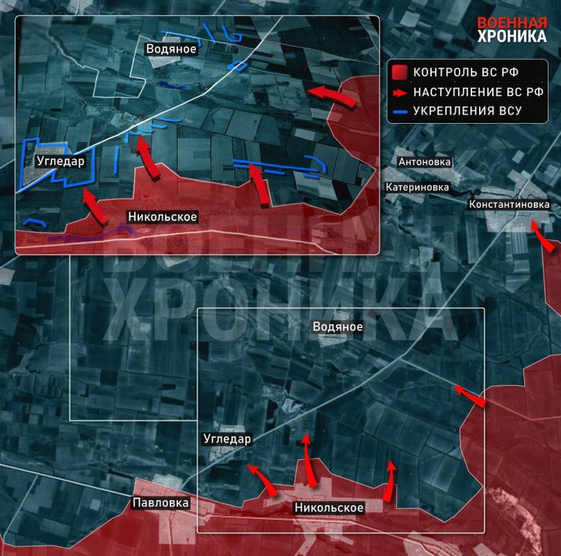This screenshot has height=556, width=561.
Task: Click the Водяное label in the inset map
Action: [170, 49]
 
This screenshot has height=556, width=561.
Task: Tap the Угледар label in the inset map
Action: [61, 161]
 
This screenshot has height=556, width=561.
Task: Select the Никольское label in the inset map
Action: [163, 217]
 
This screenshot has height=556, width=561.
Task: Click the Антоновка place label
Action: [424, 162]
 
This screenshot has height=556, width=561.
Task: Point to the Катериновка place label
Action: [418, 187]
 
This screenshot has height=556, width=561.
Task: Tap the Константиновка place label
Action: [510, 204]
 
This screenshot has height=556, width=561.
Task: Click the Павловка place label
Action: [161, 502]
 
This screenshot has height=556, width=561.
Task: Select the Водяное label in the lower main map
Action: [338, 326]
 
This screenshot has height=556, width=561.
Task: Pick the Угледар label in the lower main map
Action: [227, 439]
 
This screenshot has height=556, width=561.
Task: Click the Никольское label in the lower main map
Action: [330, 508]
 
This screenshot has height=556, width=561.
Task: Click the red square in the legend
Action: [399, 73]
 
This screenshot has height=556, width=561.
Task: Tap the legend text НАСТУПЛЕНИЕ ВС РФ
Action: [469, 92]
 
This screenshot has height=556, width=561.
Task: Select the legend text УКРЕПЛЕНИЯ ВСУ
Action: [467, 111]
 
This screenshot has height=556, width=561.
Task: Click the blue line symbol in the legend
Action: [399, 111]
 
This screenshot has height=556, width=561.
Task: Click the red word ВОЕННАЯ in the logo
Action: [512, 22]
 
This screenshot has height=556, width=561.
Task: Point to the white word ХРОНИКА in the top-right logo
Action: [512, 37]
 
